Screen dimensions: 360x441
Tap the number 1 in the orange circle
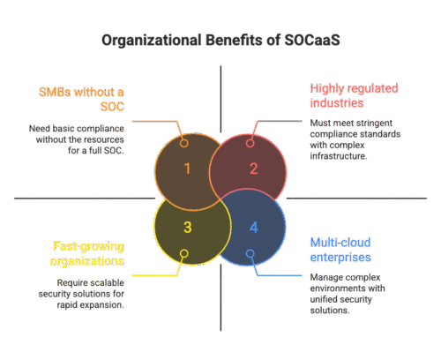point(186,169)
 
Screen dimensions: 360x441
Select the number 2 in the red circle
point(254,169)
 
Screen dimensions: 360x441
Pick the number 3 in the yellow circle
point(186,228)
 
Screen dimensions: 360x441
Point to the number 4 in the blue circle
point(254,228)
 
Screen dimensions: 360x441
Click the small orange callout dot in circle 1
point(184,143)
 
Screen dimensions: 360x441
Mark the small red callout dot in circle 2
point(250,143)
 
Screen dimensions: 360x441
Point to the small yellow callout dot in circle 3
point(184,253)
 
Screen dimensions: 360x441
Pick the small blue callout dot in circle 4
point(250,253)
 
